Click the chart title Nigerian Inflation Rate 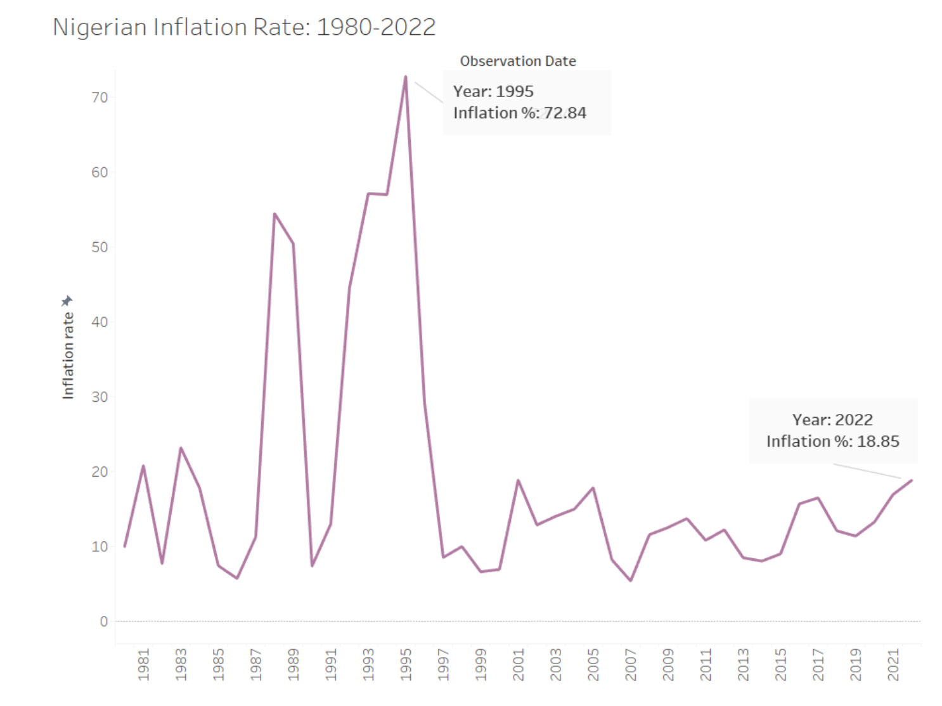pyautogui.click(x=244, y=27)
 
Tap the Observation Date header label pyautogui.click(x=517, y=61)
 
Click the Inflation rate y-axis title pyautogui.click(x=68, y=356)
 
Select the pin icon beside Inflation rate pyautogui.click(x=67, y=300)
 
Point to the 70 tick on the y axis pyautogui.click(x=100, y=98)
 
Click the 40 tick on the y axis pyautogui.click(x=100, y=322)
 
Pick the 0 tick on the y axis pyautogui.click(x=104, y=622)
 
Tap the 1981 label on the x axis pyautogui.click(x=143, y=665)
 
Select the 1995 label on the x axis pyautogui.click(x=406, y=665)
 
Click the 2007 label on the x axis pyautogui.click(x=631, y=665)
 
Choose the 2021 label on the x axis pyautogui.click(x=893, y=665)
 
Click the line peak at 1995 pyautogui.click(x=406, y=77)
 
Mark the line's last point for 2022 pyautogui.click(x=912, y=480)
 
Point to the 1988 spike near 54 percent pyautogui.click(x=274, y=214)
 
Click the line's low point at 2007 pyautogui.click(x=631, y=581)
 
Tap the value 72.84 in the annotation pyautogui.click(x=565, y=113)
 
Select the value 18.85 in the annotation pyautogui.click(x=878, y=442)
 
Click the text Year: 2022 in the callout pyautogui.click(x=832, y=420)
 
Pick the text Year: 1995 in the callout pyautogui.click(x=493, y=92)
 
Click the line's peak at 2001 pyautogui.click(x=518, y=480)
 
